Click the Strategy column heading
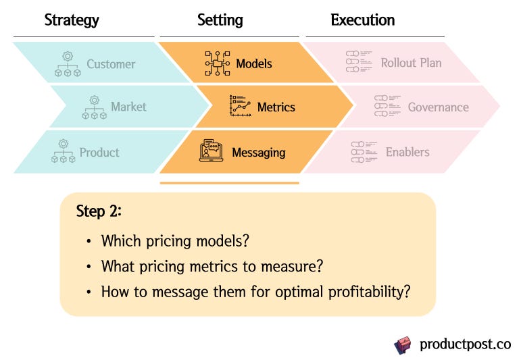(72, 20)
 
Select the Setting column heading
(220, 20)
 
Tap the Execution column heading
(363, 20)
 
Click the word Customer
(111, 65)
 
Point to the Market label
(128, 107)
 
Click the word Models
(254, 63)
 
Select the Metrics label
(276, 107)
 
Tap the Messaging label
(258, 152)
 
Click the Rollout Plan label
(411, 63)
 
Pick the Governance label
(438, 107)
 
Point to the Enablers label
(407, 152)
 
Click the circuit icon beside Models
(218, 63)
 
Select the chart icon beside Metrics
(241, 107)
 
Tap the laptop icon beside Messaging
(212, 151)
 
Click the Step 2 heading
(99, 211)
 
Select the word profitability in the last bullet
(364, 292)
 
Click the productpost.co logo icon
(403, 344)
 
